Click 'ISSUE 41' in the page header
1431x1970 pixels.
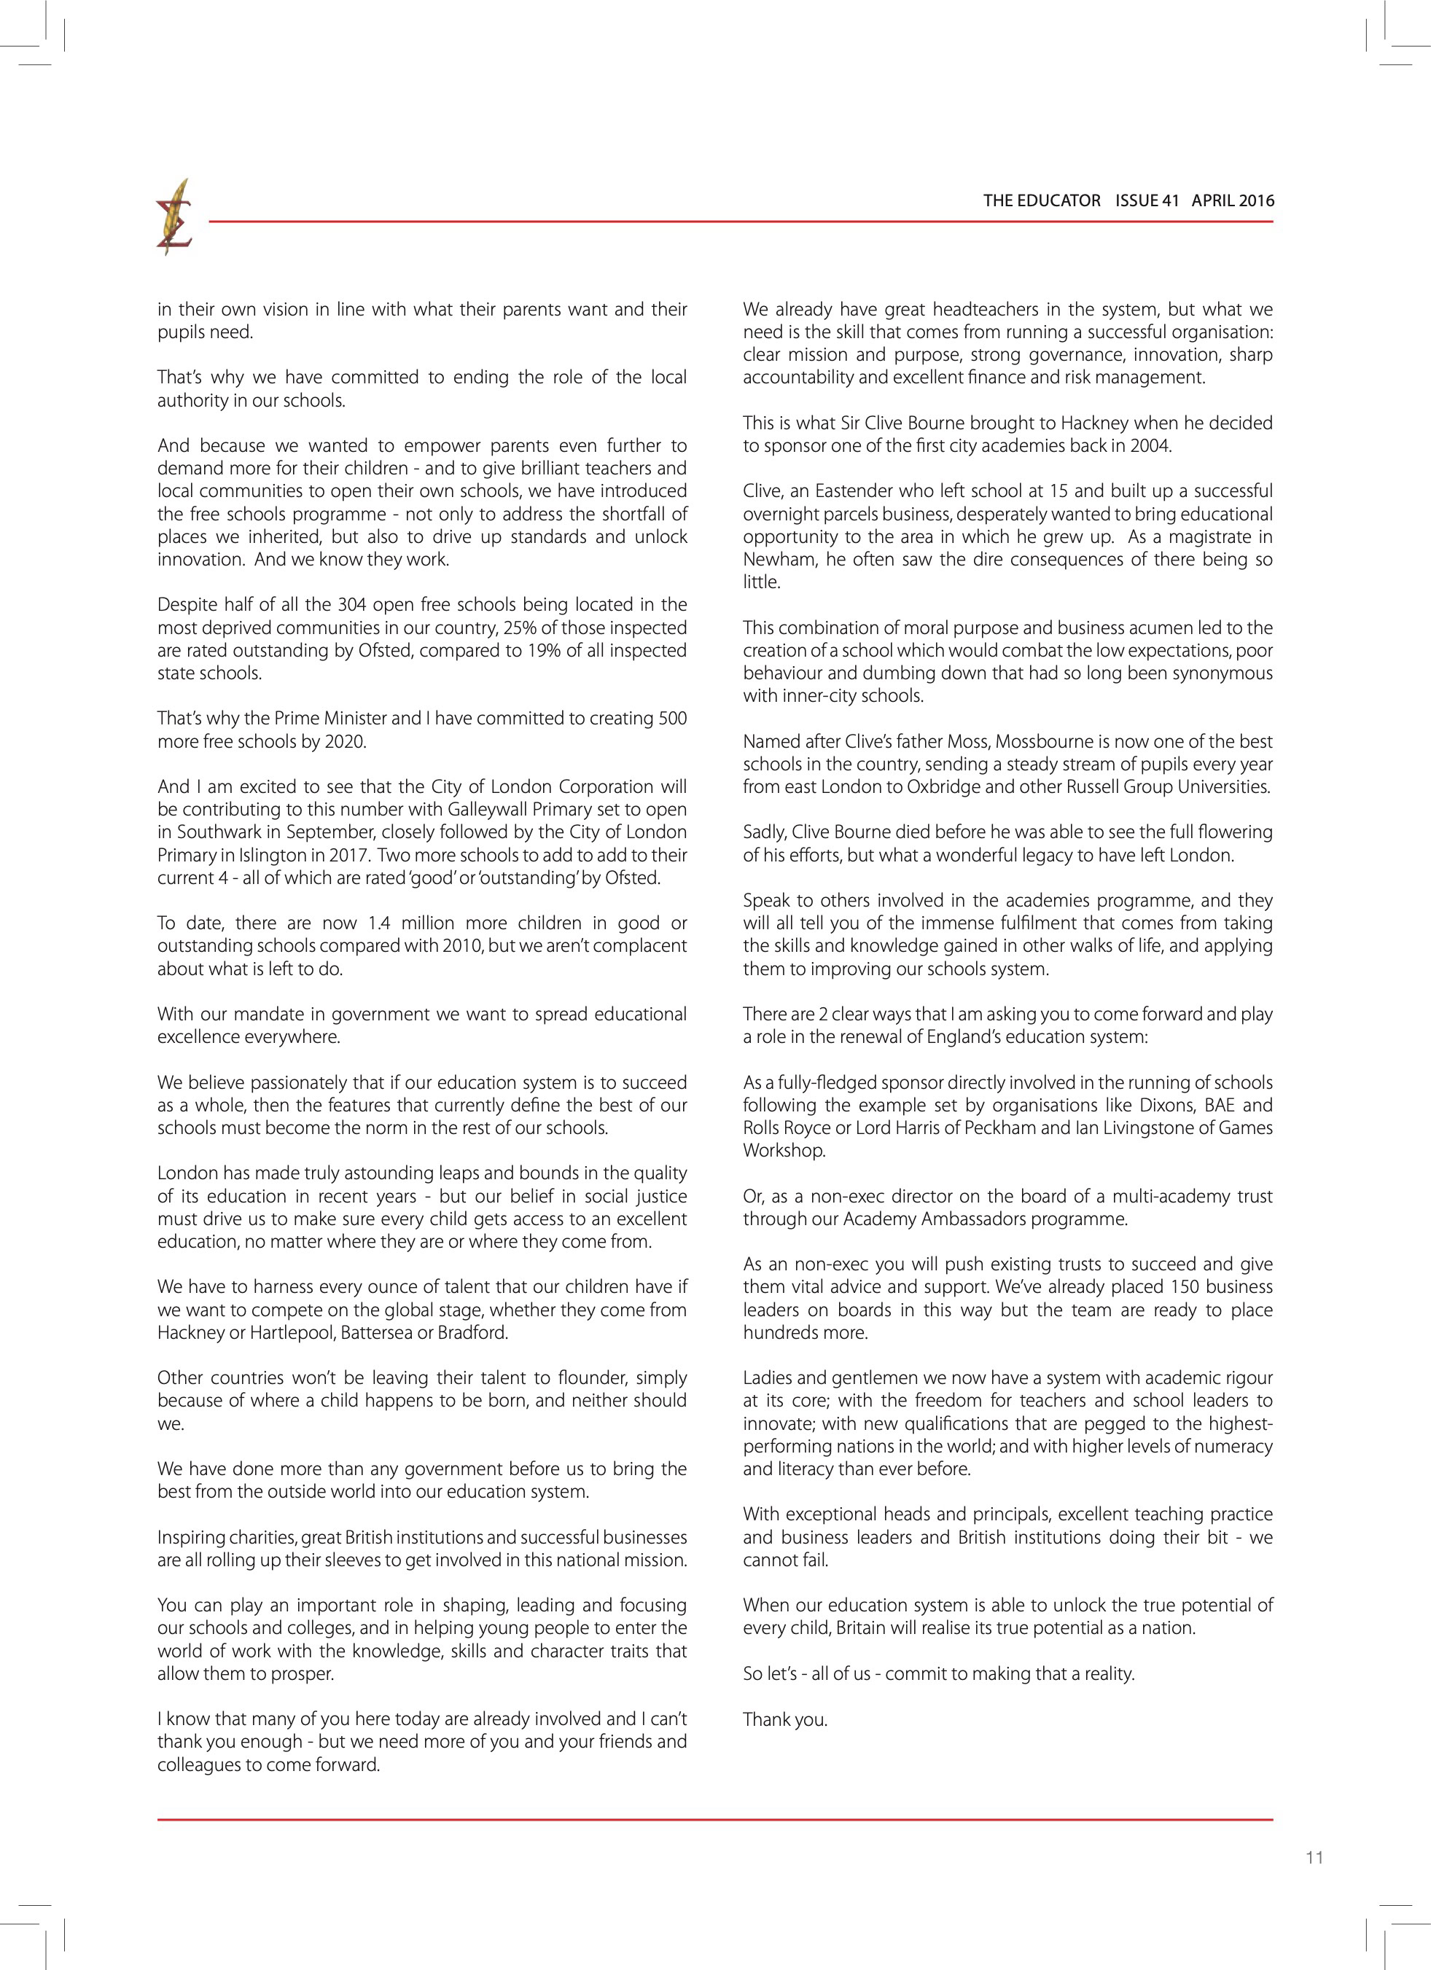coord(1147,200)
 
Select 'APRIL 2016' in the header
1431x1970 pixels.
coord(1233,200)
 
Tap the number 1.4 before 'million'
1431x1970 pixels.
coord(381,923)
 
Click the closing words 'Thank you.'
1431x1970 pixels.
coord(784,1719)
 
